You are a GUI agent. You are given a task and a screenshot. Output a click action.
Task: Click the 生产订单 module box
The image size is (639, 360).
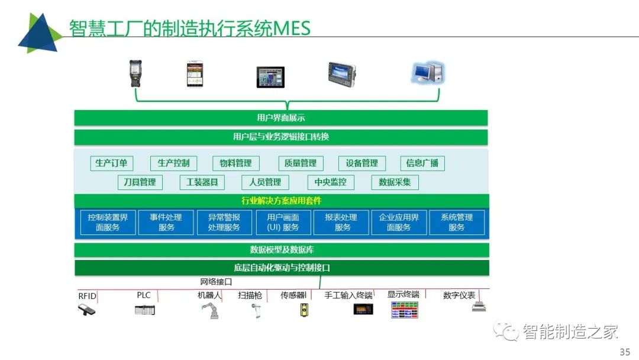coord(112,163)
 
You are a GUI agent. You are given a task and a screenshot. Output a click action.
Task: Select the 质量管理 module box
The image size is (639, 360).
coord(301,163)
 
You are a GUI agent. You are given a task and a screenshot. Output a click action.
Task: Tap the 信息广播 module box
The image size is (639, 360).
coord(422,163)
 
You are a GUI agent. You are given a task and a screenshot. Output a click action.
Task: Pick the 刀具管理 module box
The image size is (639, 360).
coord(140,182)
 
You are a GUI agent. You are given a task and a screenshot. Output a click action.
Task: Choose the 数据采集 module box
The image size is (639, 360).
coord(395,182)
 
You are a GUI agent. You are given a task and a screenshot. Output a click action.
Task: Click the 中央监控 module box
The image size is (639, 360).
coord(331,182)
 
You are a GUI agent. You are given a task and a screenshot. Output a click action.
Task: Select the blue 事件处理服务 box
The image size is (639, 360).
coord(166,222)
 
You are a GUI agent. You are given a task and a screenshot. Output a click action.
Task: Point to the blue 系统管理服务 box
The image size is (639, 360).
coord(457,222)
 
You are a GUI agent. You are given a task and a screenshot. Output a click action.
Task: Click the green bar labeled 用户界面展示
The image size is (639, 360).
coord(281,118)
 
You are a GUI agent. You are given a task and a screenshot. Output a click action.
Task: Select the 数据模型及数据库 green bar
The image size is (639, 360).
coord(282,250)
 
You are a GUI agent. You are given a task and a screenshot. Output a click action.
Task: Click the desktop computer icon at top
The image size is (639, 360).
coord(428,73)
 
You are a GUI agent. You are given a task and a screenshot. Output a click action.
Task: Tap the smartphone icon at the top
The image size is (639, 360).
coord(195,74)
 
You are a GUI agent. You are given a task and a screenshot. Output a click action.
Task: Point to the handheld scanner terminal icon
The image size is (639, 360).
coord(135,73)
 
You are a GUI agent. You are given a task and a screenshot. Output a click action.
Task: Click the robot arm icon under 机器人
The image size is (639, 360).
coord(211,311)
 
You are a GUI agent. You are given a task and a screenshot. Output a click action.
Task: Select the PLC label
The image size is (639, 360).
coord(143,295)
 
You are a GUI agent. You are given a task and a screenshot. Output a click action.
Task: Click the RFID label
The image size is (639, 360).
coord(87,296)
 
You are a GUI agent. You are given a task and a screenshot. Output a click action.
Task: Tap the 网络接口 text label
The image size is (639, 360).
coord(216,282)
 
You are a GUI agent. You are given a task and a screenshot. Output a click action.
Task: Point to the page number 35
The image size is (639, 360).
coord(625,352)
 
